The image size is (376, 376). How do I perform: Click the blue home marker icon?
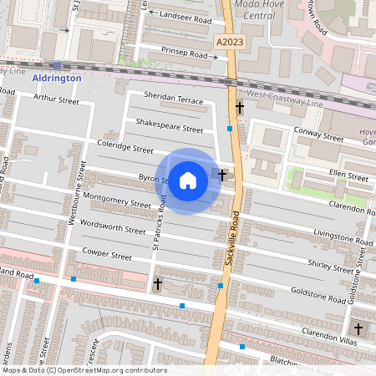coord(188,180)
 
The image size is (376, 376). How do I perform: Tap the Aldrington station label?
coord(57,78)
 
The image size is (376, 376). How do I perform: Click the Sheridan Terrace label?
coord(173,99)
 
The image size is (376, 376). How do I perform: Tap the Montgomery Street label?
coord(118,203)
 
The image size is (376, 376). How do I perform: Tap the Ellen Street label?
coord(348,176)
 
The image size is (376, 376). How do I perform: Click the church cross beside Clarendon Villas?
coord(358,329)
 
